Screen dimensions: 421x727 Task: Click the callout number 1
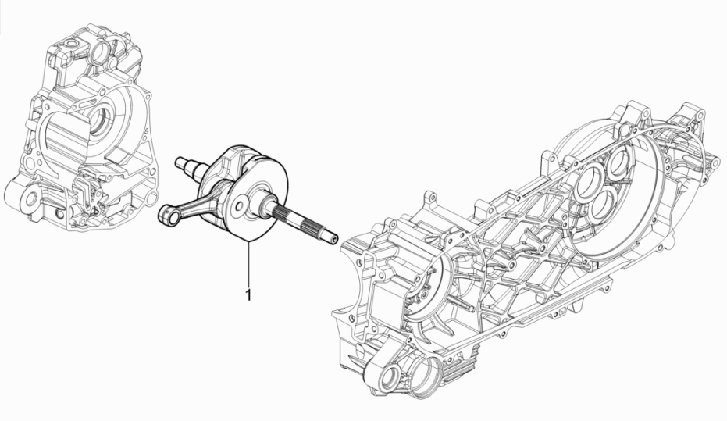tap(248, 296)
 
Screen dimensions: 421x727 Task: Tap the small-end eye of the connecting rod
tap(166, 212)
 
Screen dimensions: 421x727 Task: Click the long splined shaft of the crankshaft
tap(305, 223)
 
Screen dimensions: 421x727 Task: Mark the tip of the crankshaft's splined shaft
tap(335, 238)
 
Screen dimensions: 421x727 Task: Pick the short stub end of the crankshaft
tap(185, 164)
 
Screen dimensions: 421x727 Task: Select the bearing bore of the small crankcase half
tap(104, 122)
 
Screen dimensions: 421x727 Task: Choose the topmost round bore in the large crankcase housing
tap(615, 164)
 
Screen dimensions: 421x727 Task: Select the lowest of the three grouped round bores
tap(605, 205)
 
